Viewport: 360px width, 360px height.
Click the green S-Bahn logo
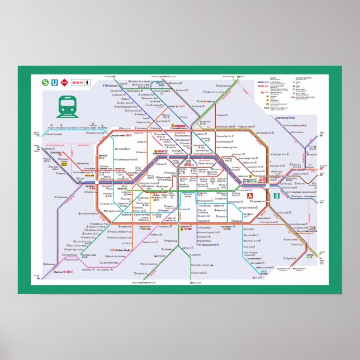45,82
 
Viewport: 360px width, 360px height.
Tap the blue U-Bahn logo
54,82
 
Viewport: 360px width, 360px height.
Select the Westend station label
103,155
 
